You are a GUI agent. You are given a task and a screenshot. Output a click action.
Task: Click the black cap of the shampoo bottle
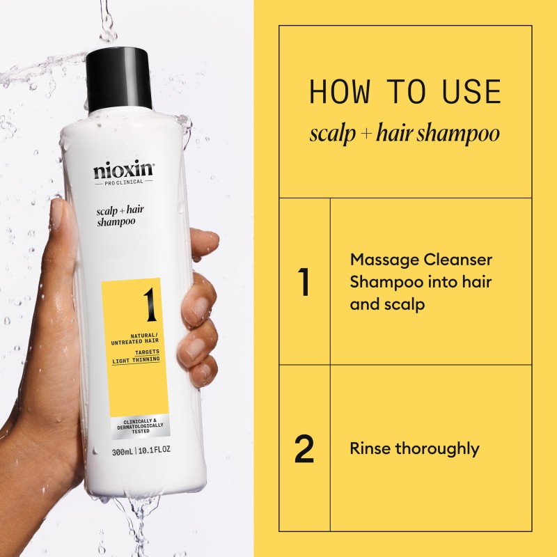pos(120,79)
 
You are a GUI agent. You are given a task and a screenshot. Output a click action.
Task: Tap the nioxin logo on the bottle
pos(123,171)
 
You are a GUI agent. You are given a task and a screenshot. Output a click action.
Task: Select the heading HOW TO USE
pos(405,93)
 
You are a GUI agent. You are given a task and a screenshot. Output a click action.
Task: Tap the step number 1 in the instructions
pos(303,282)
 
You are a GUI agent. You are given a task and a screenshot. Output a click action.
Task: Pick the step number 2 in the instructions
pos(304,449)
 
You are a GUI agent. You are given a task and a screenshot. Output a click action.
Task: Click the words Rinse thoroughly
pos(414,448)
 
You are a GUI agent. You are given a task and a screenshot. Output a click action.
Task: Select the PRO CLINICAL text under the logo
pos(123,182)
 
